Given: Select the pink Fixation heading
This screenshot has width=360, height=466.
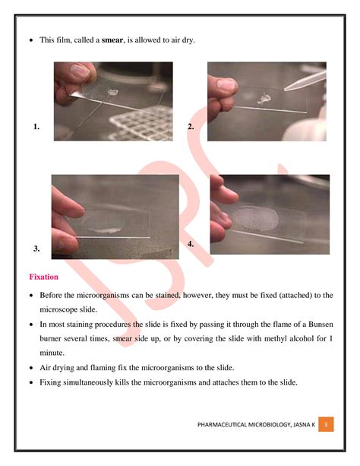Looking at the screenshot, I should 44,277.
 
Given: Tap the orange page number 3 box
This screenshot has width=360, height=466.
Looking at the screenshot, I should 325,422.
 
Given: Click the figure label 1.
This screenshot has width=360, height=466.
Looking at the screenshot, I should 36,127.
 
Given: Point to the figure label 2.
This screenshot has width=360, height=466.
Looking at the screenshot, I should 191,127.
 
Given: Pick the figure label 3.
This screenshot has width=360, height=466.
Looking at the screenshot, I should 36,249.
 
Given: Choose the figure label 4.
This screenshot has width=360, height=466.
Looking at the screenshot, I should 191,244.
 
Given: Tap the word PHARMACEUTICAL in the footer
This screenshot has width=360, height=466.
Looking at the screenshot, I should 224,423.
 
